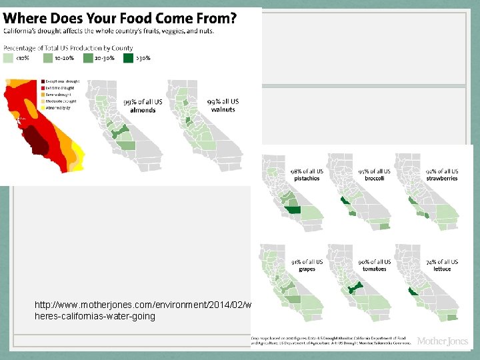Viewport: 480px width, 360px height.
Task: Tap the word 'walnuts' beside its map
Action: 223,109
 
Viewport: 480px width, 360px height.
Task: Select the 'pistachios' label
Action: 307,179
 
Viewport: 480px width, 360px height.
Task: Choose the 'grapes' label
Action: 307,269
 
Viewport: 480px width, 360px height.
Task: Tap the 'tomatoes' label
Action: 374,269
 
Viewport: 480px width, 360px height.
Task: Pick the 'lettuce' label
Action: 441,269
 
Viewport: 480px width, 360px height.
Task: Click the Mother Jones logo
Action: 442,341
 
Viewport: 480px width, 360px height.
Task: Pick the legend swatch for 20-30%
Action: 89,58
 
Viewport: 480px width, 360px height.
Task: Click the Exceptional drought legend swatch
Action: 42,81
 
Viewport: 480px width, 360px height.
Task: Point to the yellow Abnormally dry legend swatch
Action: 42,107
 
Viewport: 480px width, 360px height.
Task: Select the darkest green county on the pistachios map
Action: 293,211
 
